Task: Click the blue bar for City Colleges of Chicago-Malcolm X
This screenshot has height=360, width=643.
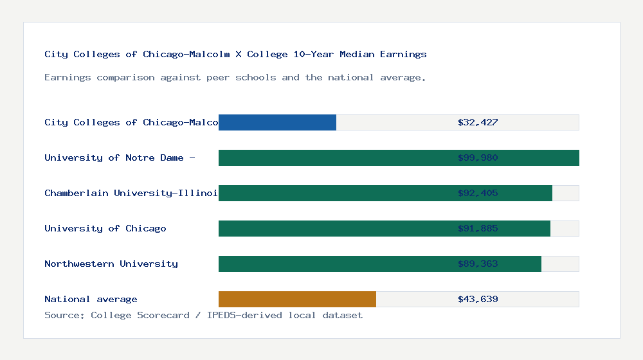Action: coord(277,122)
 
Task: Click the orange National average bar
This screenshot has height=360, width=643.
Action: coord(297,299)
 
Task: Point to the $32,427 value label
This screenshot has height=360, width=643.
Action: coord(478,122)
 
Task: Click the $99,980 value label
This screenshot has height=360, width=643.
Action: coord(478,157)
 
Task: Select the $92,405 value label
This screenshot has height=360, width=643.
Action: coord(478,193)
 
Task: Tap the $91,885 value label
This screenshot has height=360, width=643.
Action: coord(478,228)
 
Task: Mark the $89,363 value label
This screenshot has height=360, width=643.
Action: coord(478,264)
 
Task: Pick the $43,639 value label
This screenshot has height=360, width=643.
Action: coord(478,299)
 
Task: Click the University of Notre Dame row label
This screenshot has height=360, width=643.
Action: coord(120,157)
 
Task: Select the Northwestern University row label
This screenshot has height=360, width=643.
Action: coord(111,264)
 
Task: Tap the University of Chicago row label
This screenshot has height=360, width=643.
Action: coord(105,228)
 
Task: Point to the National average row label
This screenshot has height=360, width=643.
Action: coord(91,299)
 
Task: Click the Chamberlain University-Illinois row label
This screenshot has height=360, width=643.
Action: coord(131,193)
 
